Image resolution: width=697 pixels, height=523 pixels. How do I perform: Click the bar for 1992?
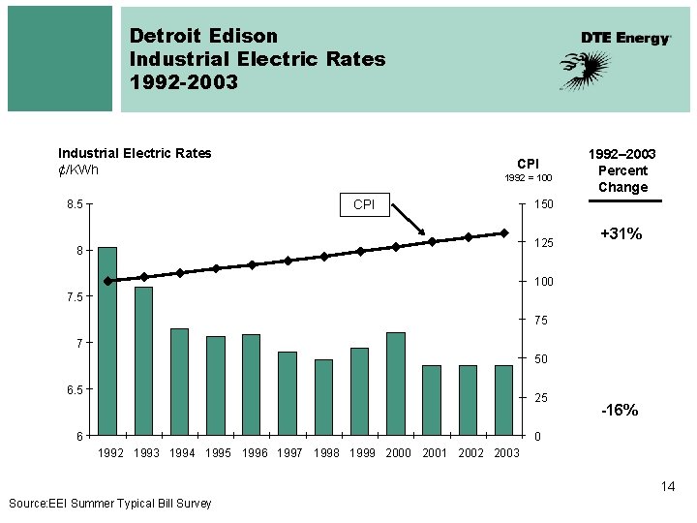click(107, 341)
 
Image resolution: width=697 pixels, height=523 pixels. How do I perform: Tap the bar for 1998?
click(323, 397)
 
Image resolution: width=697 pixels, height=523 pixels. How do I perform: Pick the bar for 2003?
click(503, 400)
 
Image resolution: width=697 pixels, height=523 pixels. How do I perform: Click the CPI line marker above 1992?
click(107, 281)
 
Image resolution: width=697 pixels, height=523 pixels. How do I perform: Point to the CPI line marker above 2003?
click(503, 233)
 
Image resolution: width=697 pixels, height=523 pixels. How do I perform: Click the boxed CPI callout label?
click(364, 204)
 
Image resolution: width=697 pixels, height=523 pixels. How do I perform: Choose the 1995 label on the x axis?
click(218, 452)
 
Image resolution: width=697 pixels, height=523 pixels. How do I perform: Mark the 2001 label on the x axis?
click(436, 452)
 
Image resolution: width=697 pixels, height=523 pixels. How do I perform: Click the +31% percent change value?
click(621, 234)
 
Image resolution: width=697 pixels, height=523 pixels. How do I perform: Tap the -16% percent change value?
click(620, 411)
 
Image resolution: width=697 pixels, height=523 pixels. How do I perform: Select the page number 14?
click(668, 486)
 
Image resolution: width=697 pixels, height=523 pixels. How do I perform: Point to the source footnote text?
click(109, 503)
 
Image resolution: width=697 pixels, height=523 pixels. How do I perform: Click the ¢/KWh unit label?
click(78, 170)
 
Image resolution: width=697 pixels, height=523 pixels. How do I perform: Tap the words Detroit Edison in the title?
click(203, 36)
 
